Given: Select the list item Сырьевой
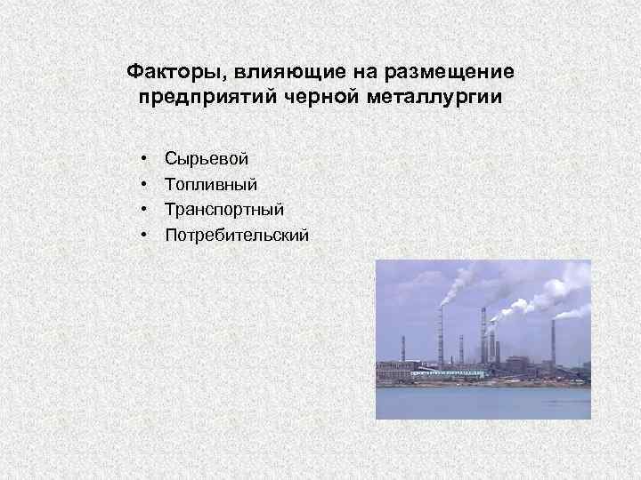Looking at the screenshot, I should point(207,158).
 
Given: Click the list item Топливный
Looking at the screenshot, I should point(211,184).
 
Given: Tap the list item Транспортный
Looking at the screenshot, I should point(224,210).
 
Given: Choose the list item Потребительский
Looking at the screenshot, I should point(237,236).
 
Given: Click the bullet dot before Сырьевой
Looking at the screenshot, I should point(143,158).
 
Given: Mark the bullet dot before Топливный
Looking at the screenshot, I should point(143,184).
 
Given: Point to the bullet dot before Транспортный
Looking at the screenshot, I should point(143,210).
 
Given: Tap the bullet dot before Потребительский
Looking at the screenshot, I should point(143,236).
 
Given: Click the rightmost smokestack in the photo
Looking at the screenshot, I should point(553,342).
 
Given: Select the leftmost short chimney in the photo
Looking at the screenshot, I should point(403,349).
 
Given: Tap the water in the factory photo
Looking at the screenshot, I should point(481,402).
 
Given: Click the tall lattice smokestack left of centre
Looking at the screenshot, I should point(440,338).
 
